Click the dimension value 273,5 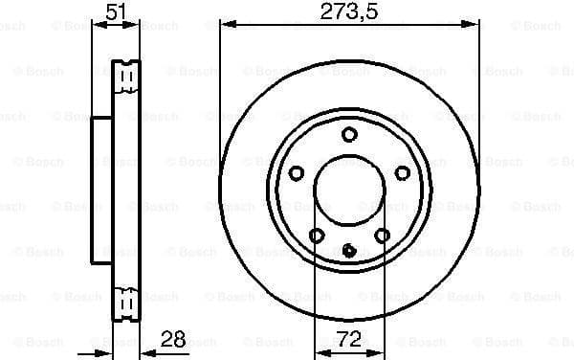point(348,13)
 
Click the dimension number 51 point(117,13)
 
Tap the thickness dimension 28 point(173,339)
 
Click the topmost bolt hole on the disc point(349,134)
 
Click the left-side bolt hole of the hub point(297,172)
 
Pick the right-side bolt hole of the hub point(402,172)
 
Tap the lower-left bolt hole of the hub point(317,235)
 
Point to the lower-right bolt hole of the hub point(382,235)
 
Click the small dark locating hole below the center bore point(349,251)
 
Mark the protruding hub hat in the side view point(101,188)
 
